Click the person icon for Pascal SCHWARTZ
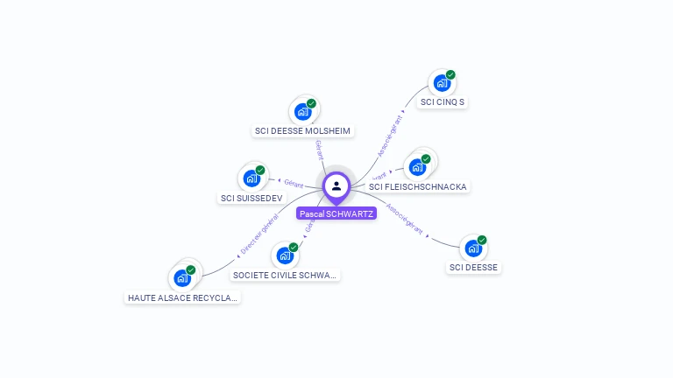tap(336, 186)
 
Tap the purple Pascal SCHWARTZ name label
tap(336, 213)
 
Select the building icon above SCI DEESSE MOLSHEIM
tap(302, 111)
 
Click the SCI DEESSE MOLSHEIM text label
tap(302, 131)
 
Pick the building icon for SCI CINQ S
tap(442, 83)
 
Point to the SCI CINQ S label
tap(443, 102)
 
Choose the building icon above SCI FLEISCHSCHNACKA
tap(417, 166)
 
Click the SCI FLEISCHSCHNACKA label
tap(418, 186)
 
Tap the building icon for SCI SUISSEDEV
tap(251, 178)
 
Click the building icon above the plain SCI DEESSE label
tap(473, 248)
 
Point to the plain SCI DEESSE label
tap(474, 267)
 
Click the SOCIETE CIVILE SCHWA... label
tap(285, 275)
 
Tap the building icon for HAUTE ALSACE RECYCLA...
tap(182, 277)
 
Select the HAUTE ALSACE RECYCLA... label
tap(182, 297)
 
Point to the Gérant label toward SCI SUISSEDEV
tap(294, 183)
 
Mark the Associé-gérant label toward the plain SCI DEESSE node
tap(405, 221)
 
